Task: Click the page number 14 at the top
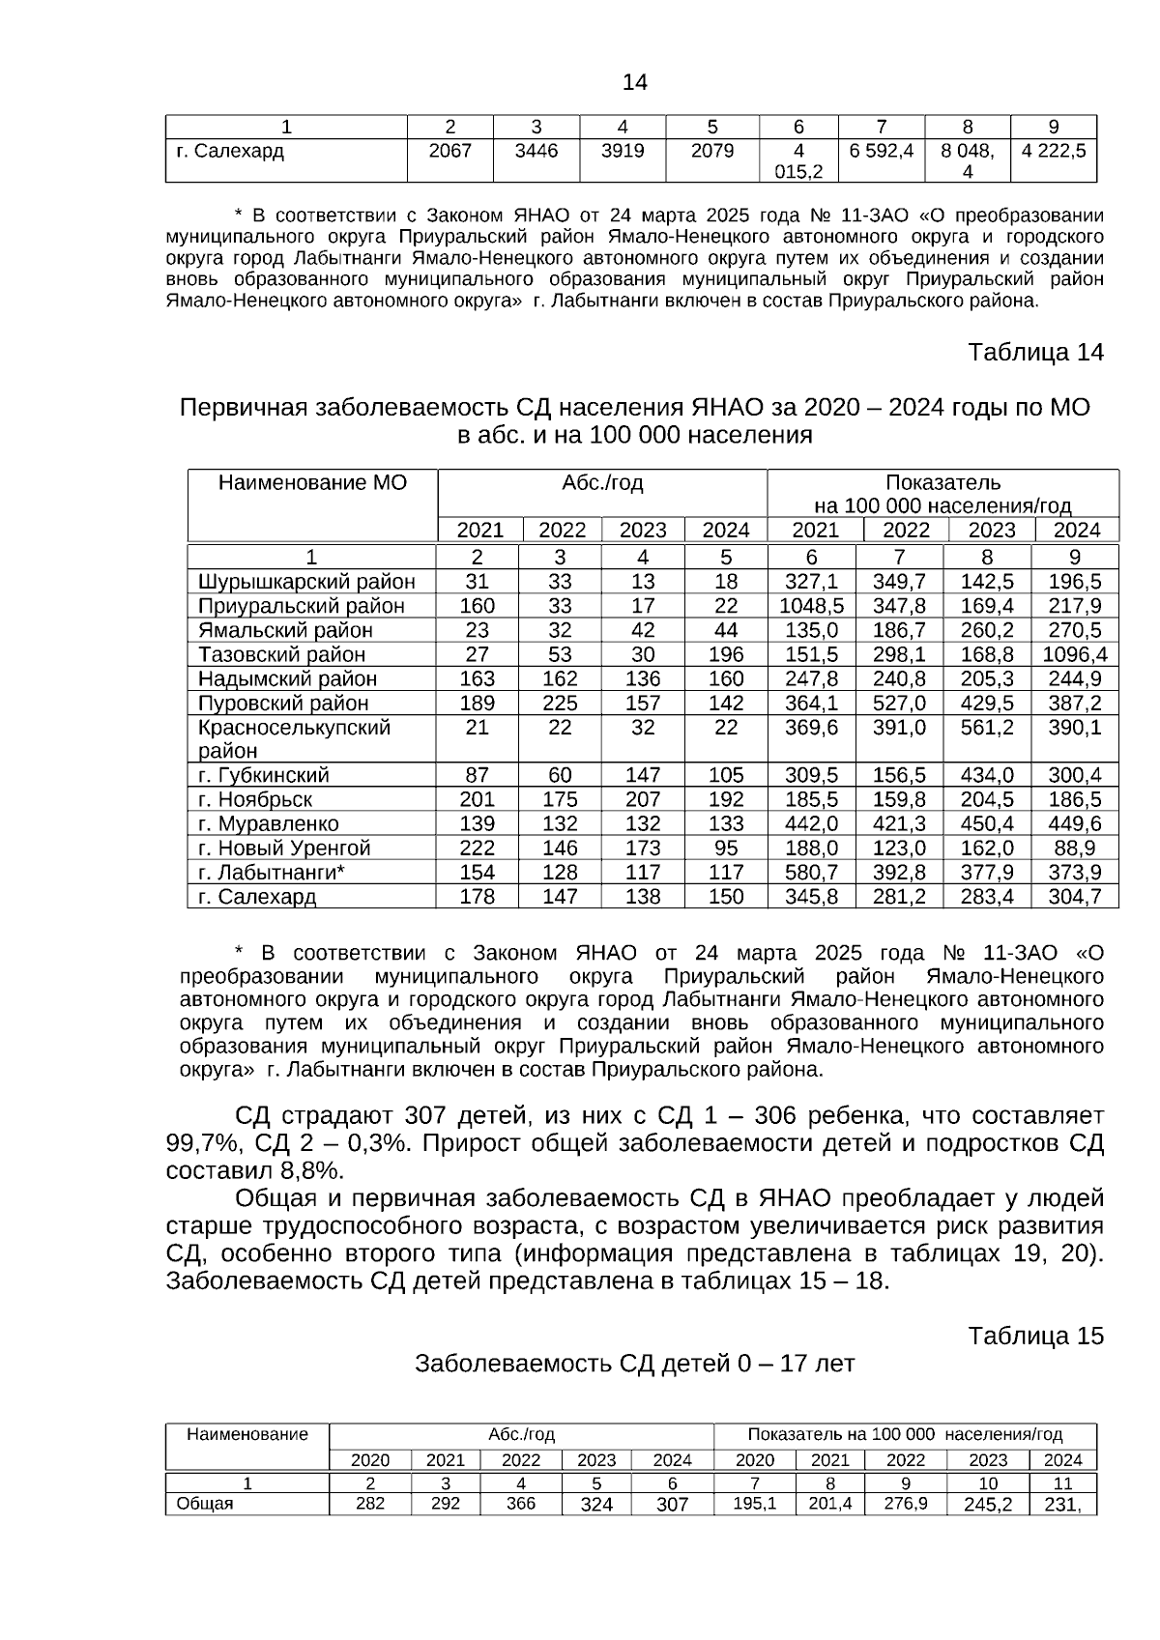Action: click(x=635, y=83)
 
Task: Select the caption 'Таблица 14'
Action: click(x=1035, y=353)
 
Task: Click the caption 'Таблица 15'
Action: click(x=1035, y=1336)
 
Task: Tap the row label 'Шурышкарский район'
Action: click(x=306, y=582)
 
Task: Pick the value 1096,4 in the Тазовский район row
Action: click(x=1075, y=654)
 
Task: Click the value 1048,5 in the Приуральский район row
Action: click(x=811, y=606)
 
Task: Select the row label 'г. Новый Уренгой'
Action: click(x=284, y=848)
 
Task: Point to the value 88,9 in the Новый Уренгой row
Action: click(x=1076, y=848)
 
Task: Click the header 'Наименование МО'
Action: click(x=312, y=482)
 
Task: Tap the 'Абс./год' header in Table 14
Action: click(x=602, y=482)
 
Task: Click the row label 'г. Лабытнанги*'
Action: click(x=272, y=872)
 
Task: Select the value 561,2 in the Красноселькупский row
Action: click(x=987, y=727)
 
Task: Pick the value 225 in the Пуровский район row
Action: click(x=560, y=703)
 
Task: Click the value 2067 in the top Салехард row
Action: click(x=449, y=151)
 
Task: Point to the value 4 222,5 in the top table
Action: click(x=1054, y=151)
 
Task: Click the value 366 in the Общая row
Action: click(x=521, y=1504)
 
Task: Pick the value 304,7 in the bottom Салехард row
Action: click(x=1076, y=896)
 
